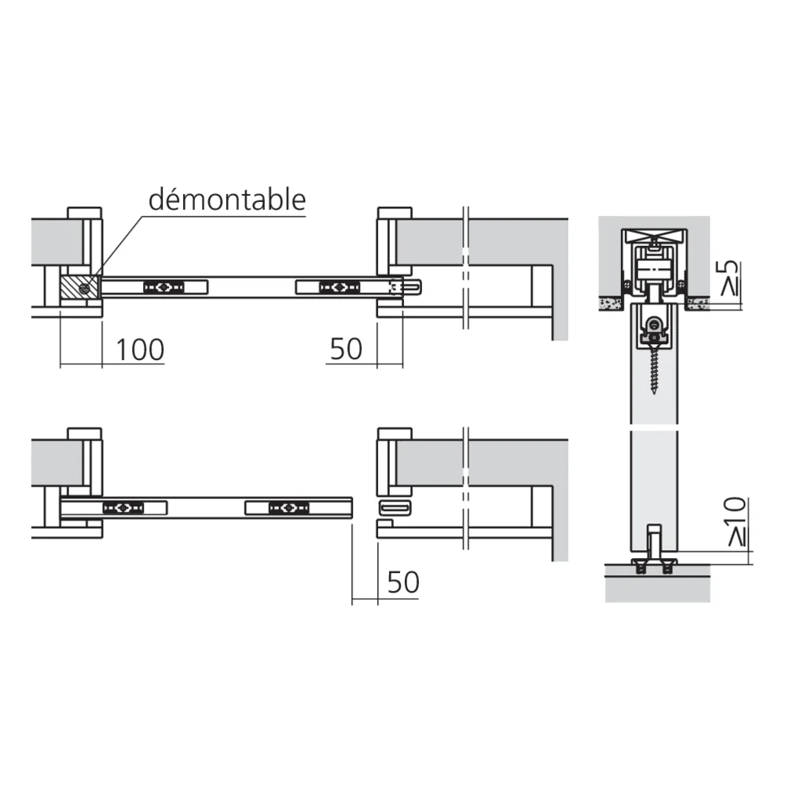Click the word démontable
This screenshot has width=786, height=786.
pos(227,200)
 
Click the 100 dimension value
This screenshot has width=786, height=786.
pos(140,350)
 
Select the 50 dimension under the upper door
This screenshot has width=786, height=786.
pos(346,349)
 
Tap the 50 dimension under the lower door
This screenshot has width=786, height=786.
pos(403,582)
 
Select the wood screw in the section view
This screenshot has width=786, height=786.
pos(654,368)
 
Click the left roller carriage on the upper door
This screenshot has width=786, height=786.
pos(163,287)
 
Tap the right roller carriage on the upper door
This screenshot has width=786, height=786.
pos(340,287)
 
